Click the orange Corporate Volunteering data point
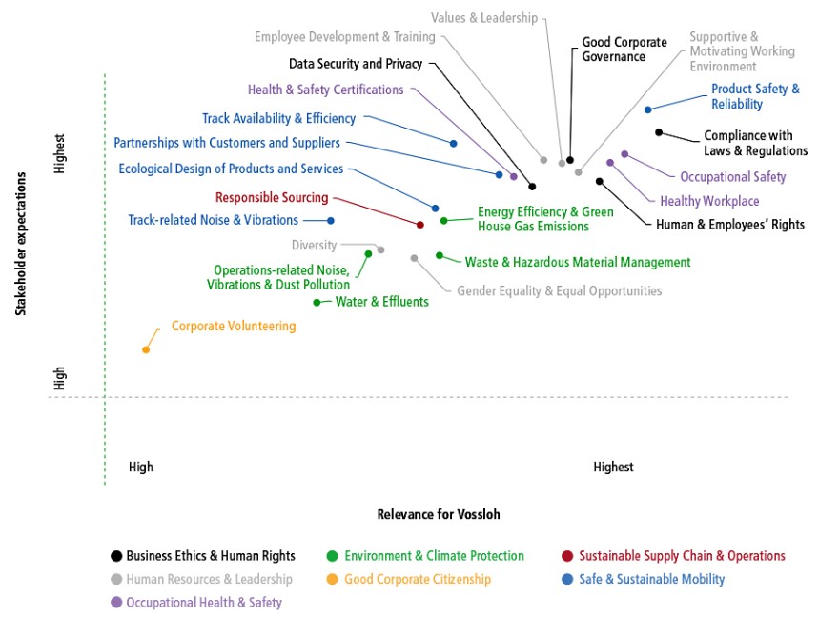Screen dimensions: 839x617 click(x=146, y=349)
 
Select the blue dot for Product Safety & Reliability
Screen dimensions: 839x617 click(x=648, y=109)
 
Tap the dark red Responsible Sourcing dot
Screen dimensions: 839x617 click(x=420, y=225)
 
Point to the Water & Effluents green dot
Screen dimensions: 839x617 click(x=317, y=303)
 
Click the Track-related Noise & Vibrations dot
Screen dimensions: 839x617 click(x=331, y=220)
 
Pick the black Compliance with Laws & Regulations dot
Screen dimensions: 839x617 click(x=659, y=132)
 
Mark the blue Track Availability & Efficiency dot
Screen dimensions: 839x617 click(x=453, y=143)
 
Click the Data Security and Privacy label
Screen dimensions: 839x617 click(x=356, y=64)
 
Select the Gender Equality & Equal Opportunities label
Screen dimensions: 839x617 click(x=559, y=290)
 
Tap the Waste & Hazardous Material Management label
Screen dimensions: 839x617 click(x=578, y=262)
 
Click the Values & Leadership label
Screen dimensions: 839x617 click(x=484, y=18)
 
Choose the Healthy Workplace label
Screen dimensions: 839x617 click(x=709, y=201)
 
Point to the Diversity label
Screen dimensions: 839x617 click(x=314, y=246)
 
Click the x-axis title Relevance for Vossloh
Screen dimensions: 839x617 click(x=439, y=514)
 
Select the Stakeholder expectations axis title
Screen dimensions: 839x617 click(x=20, y=244)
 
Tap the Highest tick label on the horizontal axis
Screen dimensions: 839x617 click(x=613, y=467)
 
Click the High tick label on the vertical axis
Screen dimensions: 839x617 click(x=59, y=378)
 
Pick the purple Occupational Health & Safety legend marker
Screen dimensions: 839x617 click(x=116, y=602)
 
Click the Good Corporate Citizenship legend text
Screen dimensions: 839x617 click(x=418, y=579)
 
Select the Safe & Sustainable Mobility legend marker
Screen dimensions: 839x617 click(x=567, y=579)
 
